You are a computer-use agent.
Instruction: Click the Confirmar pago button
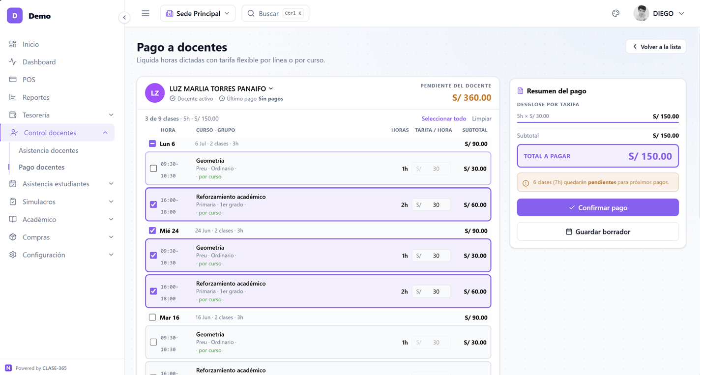(x=598, y=207)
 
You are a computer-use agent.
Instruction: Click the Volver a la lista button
(x=656, y=47)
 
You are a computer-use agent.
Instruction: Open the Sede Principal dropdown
(x=198, y=13)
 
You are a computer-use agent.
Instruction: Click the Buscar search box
(x=275, y=13)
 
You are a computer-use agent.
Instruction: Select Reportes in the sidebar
(x=36, y=97)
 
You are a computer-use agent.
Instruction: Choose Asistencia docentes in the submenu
(x=48, y=150)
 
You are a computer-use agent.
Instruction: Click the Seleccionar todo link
(x=443, y=118)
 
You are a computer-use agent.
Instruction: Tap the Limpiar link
(x=481, y=118)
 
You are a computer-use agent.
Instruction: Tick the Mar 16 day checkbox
(x=152, y=317)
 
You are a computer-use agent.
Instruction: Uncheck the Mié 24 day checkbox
(x=152, y=231)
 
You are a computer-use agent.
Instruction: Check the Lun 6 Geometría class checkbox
(x=153, y=169)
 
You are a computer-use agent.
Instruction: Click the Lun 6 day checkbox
(x=152, y=144)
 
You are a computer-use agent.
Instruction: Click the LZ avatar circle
(x=155, y=93)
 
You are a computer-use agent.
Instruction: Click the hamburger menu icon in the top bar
(x=146, y=13)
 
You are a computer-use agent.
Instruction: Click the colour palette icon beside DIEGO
(x=615, y=13)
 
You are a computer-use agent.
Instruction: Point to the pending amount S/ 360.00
(x=471, y=98)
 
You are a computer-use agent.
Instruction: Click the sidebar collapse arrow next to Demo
(x=124, y=17)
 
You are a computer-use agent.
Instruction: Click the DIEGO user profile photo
(x=641, y=13)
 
